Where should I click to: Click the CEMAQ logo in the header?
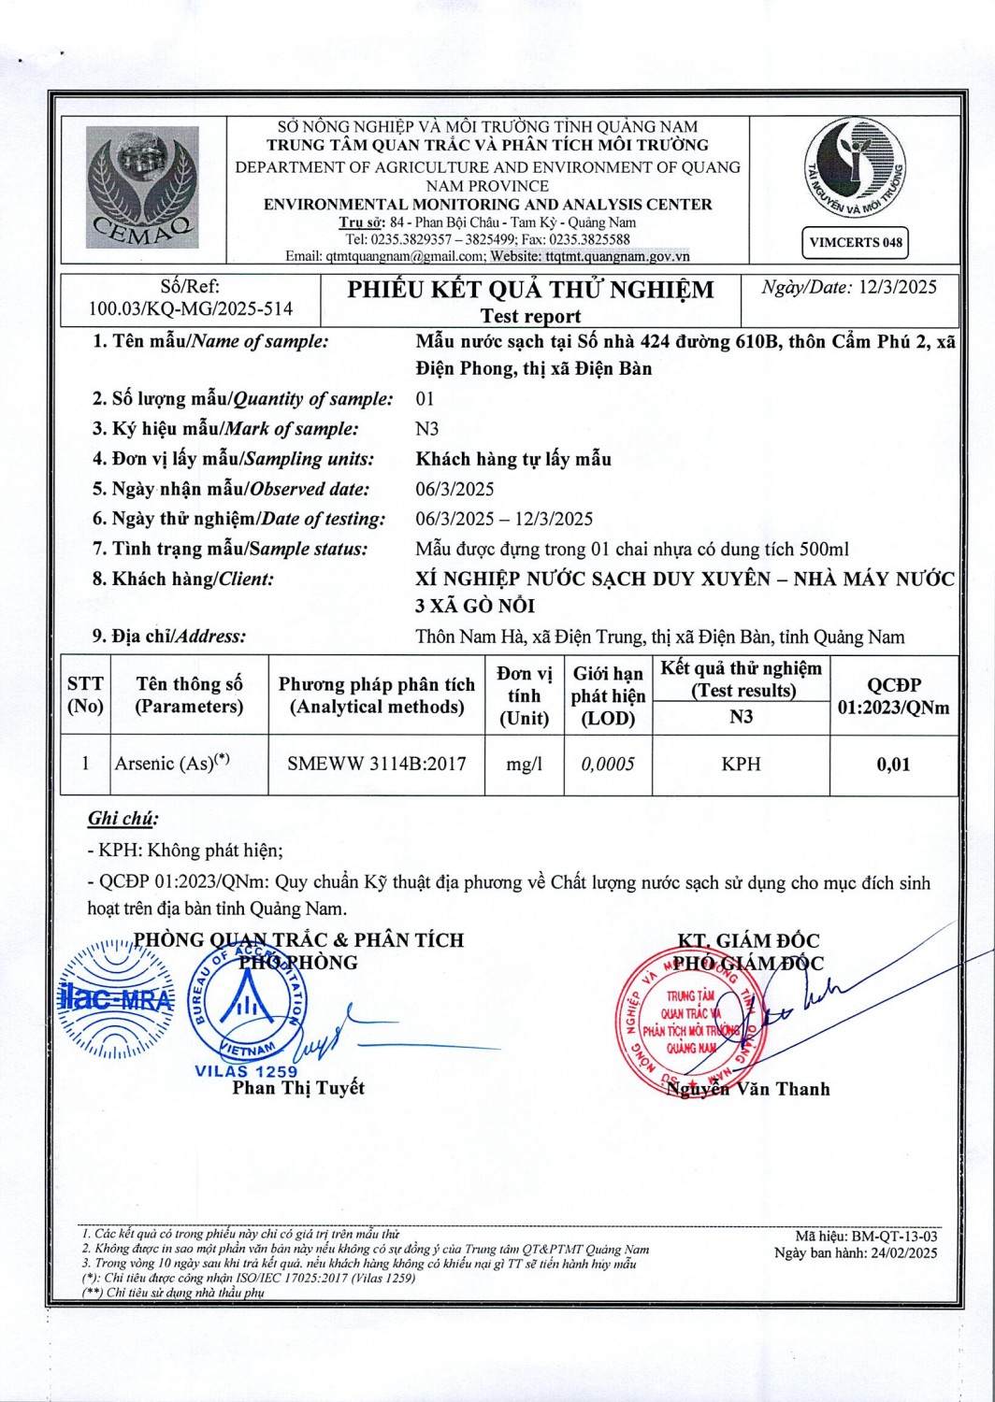pyautogui.click(x=143, y=188)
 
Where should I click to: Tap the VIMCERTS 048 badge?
pyautogui.click(x=856, y=243)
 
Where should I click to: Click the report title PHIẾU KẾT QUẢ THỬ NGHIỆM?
pyautogui.click(x=530, y=290)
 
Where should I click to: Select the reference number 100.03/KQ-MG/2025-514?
pyautogui.click(x=191, y=308)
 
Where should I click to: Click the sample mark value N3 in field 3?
pyautogui.click(x=426, y=429)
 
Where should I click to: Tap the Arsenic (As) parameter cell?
pyautogui.click(x=172, y=764)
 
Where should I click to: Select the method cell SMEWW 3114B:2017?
pyautogui.click(x=376, y=764)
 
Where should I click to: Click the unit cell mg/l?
pyautogui.click(x=524, y=764)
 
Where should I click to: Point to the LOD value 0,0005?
pyautogui.click(x=608, y=764)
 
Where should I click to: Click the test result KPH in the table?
pyautogui.click(x=741, y=764)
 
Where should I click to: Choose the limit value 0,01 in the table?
pyautogui.click(x=893, y=764)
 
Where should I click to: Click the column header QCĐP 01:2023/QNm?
pyautogui.click(x=893, y=695)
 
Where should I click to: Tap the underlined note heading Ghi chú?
pyautogui.click(x=123, y=819)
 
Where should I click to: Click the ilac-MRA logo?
pyautogui.click(x=116, y=997)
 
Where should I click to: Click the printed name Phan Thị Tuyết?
pyautogui.click(x=298, y=1088)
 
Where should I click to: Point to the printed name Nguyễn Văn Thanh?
pyautogui.click(x=748, y=1089)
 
